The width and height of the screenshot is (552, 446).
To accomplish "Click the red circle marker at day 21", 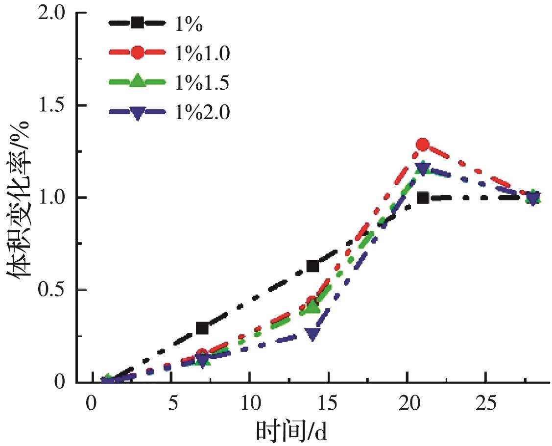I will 423,145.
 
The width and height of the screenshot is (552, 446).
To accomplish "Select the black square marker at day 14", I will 312,266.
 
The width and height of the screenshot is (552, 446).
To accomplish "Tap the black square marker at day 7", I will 202,328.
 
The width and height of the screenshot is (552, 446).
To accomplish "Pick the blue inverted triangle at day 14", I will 312,334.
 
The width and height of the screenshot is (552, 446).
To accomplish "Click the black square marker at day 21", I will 423,198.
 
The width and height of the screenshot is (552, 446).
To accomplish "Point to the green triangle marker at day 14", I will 312,307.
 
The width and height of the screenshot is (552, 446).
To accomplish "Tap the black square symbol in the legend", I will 138,23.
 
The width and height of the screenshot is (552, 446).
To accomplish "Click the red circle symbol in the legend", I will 138,53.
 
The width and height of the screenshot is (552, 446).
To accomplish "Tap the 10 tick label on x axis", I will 249,405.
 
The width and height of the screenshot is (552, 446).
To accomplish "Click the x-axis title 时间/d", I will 291,432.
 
